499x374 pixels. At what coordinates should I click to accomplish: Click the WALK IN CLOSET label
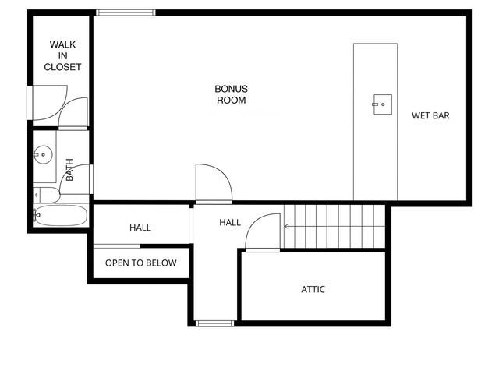(x=62, y=56)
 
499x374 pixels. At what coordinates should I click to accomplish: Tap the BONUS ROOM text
(x=231, y=94)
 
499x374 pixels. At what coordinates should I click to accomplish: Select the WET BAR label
(x=431, y=116)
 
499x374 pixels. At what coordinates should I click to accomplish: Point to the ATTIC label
(x=313, y=289)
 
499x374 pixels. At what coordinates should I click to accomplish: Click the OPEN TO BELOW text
(x=141, y=263)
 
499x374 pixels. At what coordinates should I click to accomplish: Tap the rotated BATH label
(x=69, y=171)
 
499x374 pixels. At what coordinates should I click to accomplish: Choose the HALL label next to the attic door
(x=230, y=223)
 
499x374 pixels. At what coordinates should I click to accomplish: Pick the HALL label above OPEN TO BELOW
(x=140, y=228)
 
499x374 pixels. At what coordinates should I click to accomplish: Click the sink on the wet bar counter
(x=381, y=101)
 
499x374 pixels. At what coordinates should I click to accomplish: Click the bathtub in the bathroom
(x=61, y=215)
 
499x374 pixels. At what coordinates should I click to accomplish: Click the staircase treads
(x=335, y=226)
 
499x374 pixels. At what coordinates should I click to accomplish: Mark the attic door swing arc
(x=262, y=232)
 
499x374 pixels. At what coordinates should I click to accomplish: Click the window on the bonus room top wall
(x=126, y=12)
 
